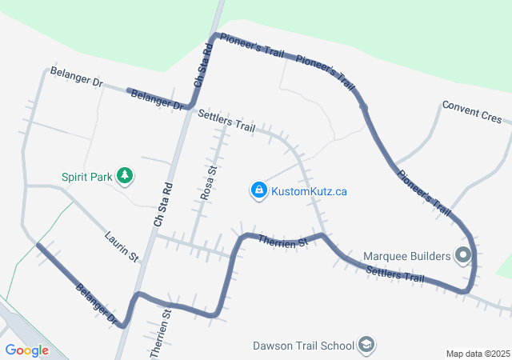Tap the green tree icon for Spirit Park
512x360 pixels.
click(124, 174)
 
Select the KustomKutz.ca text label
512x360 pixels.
click(309, 191)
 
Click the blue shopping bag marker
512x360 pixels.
click(258, 190)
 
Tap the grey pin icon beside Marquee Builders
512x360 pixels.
click(463, 256)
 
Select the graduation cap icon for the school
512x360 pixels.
click(366, 346)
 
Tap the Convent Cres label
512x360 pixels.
click(472, 113)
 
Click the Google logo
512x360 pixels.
click(26, 350)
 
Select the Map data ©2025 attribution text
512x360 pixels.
click(477, 354)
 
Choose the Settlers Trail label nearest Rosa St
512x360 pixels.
click(226, 122)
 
